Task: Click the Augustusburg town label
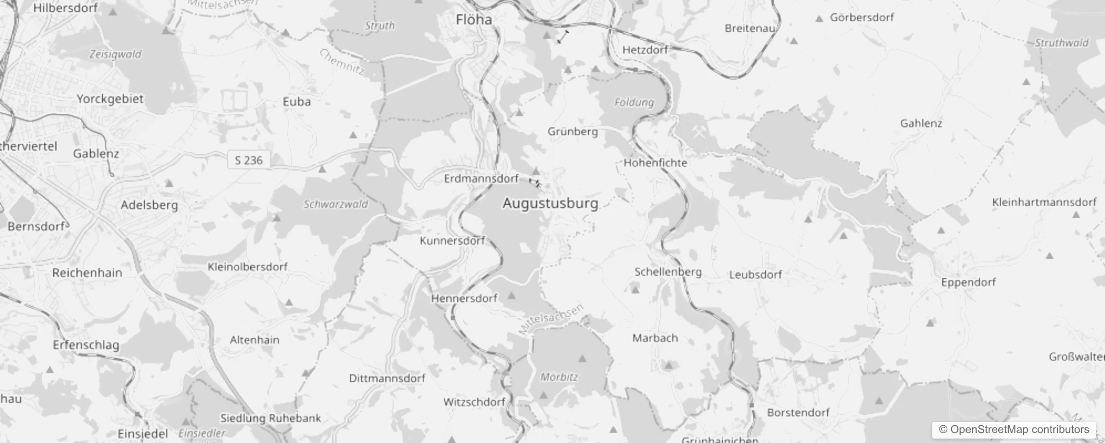(x=550, y=203)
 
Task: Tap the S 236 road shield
(x=249, y=160)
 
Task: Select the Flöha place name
(x=474, y=20)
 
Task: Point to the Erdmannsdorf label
(x=481, y=178)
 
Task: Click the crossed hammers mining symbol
(x=698, y=132)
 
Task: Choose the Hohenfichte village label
(x=655, y=163)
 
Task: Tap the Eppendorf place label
(x=968, y=282)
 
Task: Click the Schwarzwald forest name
(x=335, y=204)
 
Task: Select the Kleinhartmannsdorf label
(x=1044, y=202)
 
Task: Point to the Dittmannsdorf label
(x=387, y=378)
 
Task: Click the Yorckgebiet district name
(x=110, y=99)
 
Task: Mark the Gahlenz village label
(x=921, y=123)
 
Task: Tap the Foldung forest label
(x=634, y=102)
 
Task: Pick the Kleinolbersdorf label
(x=247, y=266)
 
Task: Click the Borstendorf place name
(x=798, y=412)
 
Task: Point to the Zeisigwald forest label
(x=115, y=54)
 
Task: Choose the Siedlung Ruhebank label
(x=271, y=418)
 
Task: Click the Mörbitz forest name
(x=559, y=377)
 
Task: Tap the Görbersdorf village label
(x=861, y=17)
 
